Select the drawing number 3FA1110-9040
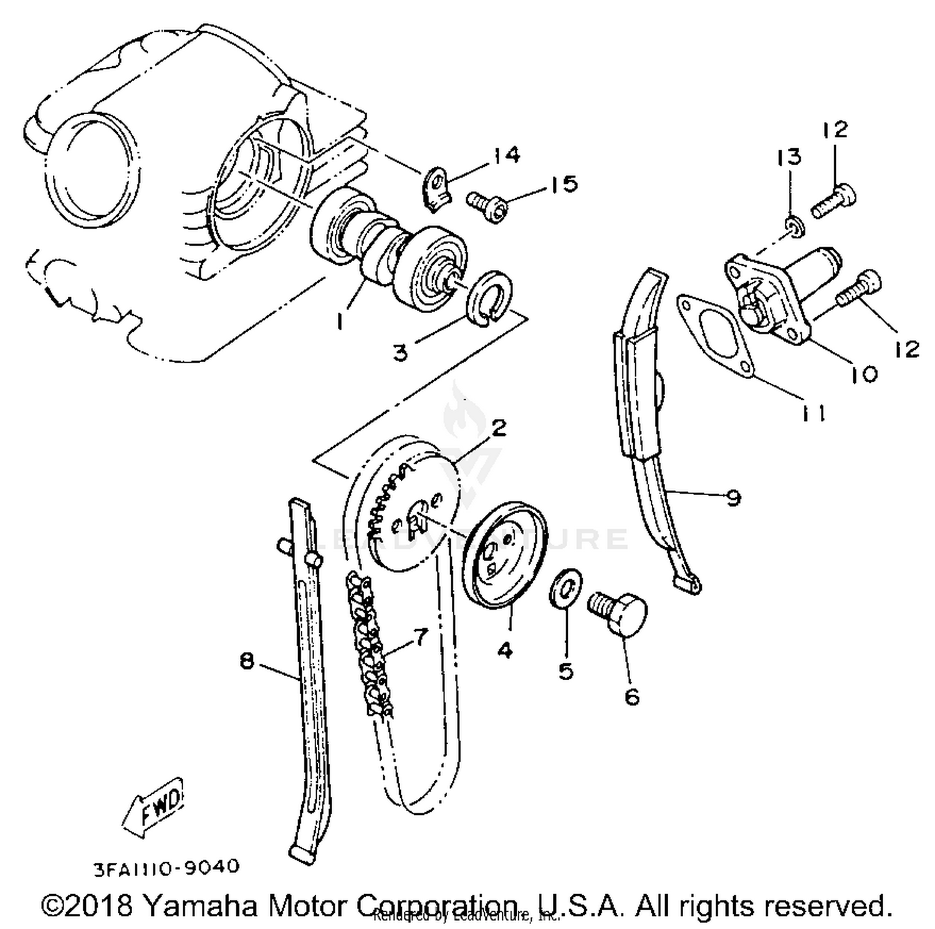[x=166, y=867]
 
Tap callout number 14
[x=507, y=155]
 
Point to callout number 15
[x=563, y=184]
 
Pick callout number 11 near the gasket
[x=812, y=413]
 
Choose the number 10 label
[x=864, y=373]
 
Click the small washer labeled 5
[x=566, y=587]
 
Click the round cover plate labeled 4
[x=506, y=555]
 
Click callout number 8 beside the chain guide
[x=247, y=660]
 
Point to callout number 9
[x=733, y=498]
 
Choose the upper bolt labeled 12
[x=834, y=199]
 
